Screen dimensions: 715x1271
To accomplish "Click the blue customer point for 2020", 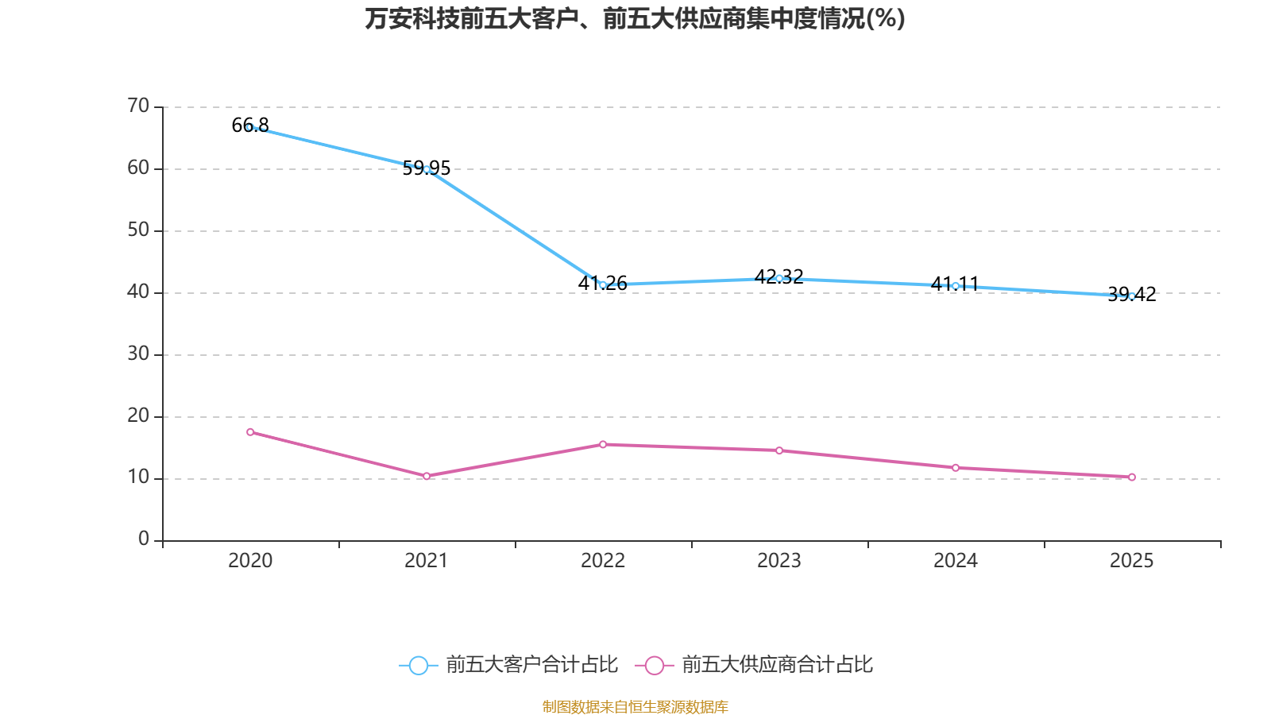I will [x=249, y=127].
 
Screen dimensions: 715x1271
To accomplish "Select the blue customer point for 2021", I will [x=427, y=169].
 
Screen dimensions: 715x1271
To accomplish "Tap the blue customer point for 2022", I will [x=603, y=284].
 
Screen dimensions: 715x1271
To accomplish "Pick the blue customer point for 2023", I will [x=779, y=278].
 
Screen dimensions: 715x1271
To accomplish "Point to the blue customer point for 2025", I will [x=1132, y=296].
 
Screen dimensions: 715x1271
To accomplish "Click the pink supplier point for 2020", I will [x=250, y=432].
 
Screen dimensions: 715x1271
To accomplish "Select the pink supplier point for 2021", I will [x=427, y=476].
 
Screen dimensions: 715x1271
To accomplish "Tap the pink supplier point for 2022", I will [x=603, y=444].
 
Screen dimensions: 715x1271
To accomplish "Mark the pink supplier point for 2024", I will [x=956, y=468].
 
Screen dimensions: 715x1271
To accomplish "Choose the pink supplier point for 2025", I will [x=1132, y=477].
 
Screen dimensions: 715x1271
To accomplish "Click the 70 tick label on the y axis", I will [x=138, y=106].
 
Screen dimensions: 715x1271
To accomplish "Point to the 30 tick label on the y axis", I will [x=138, y=354].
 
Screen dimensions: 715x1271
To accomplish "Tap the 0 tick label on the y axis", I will [x=144, y=539].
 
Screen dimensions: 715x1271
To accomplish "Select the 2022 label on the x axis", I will [x=603, y=561].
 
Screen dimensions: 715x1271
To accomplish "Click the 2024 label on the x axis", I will [x=956, y=561].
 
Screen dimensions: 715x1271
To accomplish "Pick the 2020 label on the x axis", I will [x=250, y=561].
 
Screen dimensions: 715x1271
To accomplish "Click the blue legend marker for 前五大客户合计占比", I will [x=418, y=665].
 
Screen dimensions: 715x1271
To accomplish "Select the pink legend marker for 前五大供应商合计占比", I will [x=654, y=665].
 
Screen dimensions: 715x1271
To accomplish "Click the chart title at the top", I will [x=635, y=18].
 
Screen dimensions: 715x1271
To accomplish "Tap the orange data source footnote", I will [x=635, y=706].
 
